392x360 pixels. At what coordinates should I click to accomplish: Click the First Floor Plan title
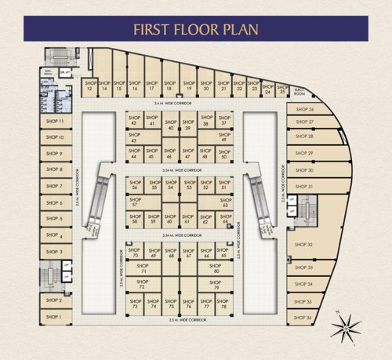pyautogui.click(x=195, y=30)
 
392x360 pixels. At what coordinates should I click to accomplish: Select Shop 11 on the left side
pyautogui.click(x=55, y=122)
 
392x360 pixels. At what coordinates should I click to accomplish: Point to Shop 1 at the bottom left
pyautogui.click(x=53, y=317)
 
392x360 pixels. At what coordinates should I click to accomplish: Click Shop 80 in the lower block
pyautogui.click(x=216, y=270)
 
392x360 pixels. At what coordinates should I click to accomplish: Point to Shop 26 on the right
pyautogui.click(x=306, y=110)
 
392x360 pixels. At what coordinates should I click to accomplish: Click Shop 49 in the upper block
pyautogui.click(x=224, y=138)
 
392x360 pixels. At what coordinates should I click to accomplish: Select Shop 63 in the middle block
pyautogui.click(x=226, y=202)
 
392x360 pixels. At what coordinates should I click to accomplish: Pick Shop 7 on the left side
pyautogui.click(x=55, y=186)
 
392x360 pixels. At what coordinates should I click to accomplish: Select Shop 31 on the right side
pyautogui.click(x=305, y=187)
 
